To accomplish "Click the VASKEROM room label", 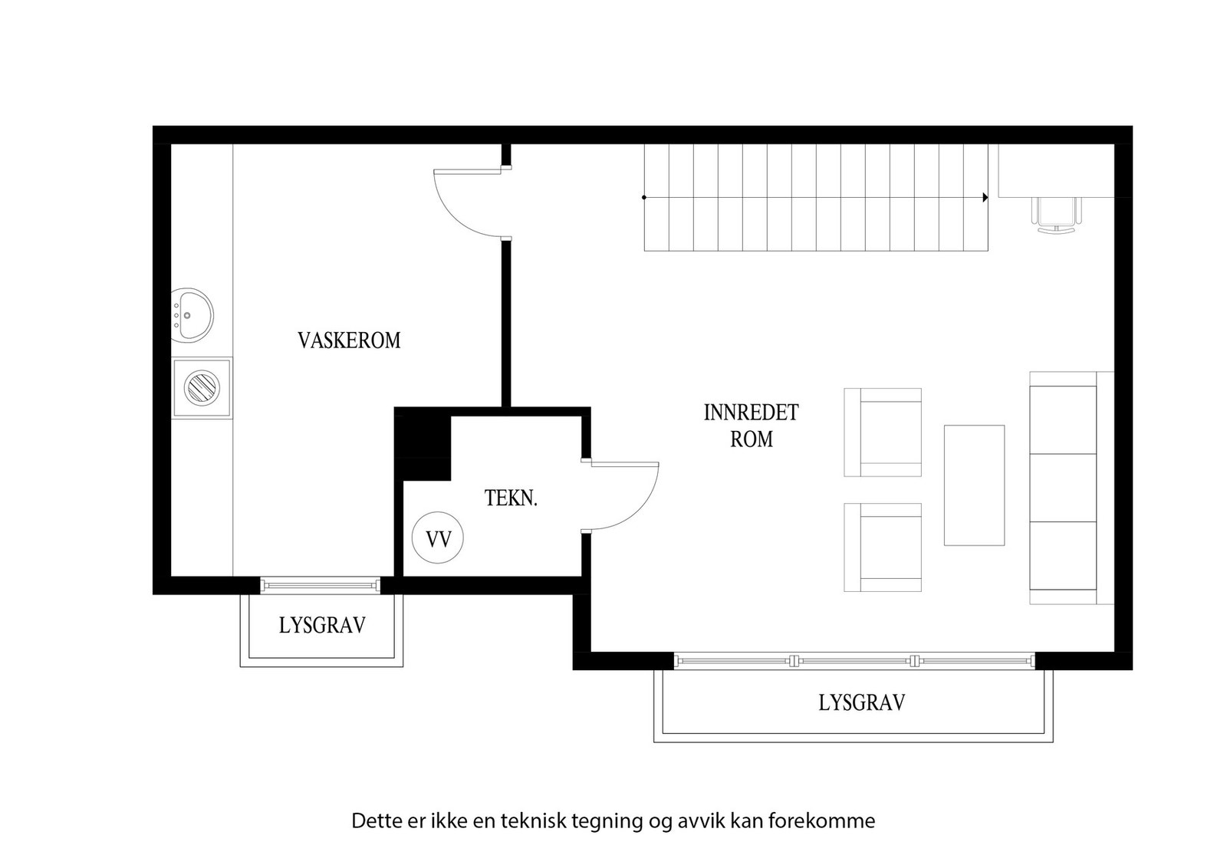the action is click(x=349, y=340).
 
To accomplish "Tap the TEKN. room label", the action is click(x=511, y=498).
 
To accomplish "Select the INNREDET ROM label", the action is click(x=751, y=426).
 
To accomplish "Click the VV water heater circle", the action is click(x=438, y=538).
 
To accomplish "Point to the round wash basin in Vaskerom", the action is click(x=191, y=315).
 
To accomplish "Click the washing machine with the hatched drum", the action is click(x=202, y=388).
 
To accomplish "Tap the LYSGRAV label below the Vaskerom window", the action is click(x=322, y=626).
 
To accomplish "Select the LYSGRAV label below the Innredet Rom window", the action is click(x=862, y=702).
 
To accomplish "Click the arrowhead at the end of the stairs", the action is click(x=985, y=197).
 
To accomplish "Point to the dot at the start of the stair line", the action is click(x=644, y=197).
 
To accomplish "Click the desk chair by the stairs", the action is click(x=1057, y=215).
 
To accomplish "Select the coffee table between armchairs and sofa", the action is click(x=974, y=485).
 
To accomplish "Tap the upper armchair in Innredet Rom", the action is click(x=883, y=432).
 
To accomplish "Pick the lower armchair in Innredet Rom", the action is click(x=883, y=547).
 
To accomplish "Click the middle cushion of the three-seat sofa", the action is click(x=1063, y=488).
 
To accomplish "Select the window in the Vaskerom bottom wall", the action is click(x=321, y=585).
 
